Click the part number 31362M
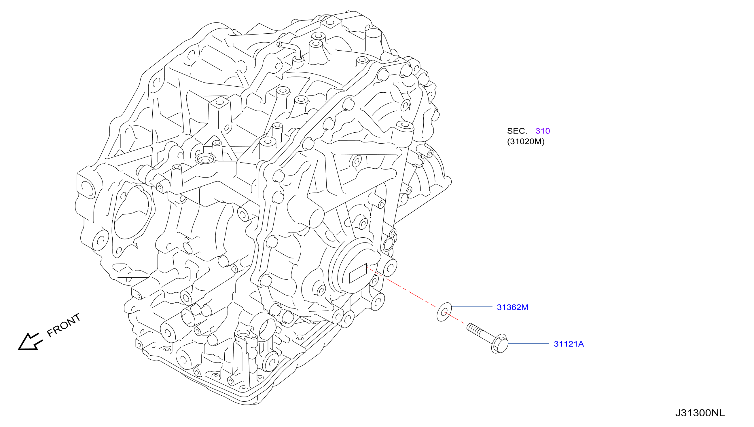click(x=512, y=307)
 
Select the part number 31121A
click(x=569, y=344)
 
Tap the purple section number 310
click(x=543, y=131)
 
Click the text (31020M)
click(x=526, y=141)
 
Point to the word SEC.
click(x=517, y=131)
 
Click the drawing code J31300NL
click(x=700, y=413)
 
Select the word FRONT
click(x=64, y=325)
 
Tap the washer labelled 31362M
click(x=444, y=312)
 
